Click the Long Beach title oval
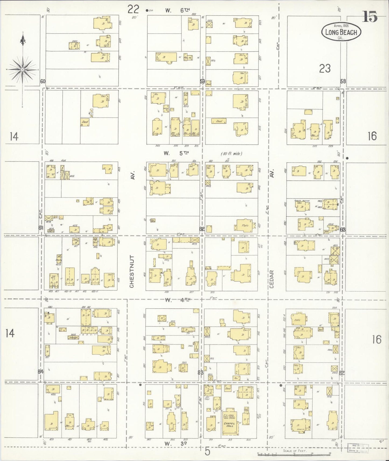(x=341, y=32)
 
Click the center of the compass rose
(x=22, y=69)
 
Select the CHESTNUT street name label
(x=132, y=272)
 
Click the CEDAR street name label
(x=271, y=279)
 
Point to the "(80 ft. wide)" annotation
(x=231, y=154)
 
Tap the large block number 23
(x=325, y=69)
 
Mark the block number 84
(x=41, y=372)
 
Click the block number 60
(x=43, y=81)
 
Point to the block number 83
(x=200, y=373)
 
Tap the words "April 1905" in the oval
(x=341, y=26)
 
